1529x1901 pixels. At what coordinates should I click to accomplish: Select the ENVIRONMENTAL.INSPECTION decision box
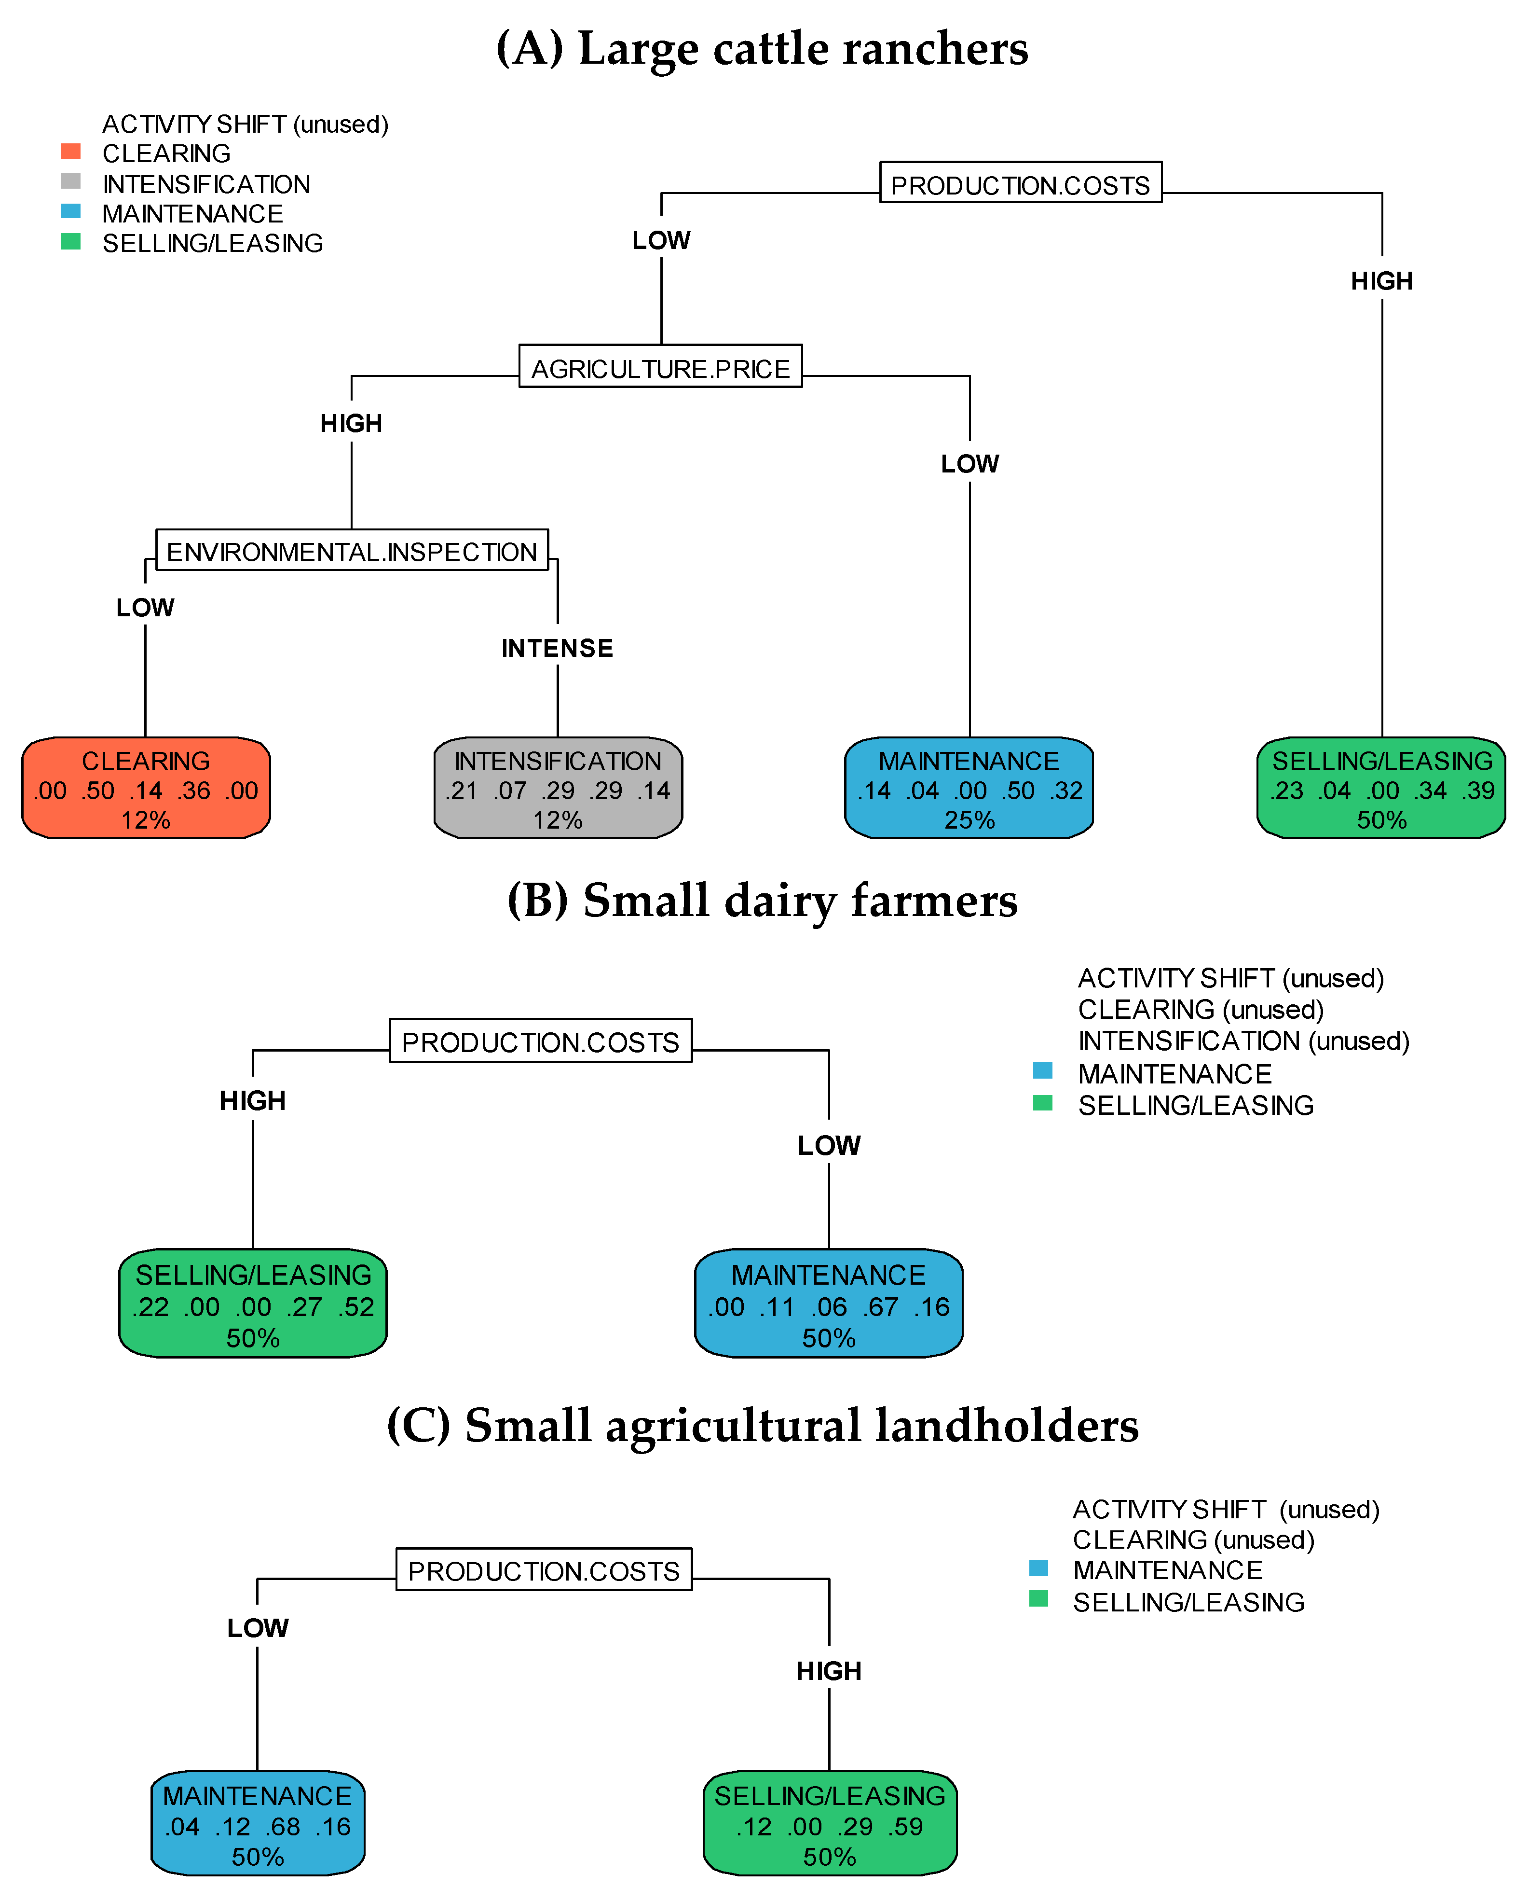352,550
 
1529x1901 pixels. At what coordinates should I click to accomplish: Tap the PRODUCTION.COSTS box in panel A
1021,183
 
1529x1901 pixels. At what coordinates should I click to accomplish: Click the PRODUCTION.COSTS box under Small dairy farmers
540,1041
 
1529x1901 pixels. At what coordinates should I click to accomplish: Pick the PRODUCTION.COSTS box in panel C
544,1570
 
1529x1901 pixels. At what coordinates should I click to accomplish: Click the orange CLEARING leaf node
145,788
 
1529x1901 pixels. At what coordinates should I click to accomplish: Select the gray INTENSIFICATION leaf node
558,788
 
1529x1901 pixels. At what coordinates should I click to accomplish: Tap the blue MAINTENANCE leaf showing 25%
969,788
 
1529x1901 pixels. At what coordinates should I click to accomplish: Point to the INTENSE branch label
557,648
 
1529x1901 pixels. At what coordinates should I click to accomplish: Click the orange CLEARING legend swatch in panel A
70,152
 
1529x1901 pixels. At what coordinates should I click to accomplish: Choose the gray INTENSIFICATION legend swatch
70,181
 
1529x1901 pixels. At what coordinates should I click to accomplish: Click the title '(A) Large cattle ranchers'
762,48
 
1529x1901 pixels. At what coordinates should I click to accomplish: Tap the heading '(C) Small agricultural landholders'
762,1426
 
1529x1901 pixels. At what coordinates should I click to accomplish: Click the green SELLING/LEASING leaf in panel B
253,1303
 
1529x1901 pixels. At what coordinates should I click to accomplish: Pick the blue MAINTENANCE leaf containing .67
828,1303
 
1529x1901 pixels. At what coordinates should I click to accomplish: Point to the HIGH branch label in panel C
828,1671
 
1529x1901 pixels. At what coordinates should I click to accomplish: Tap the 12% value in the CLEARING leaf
145,820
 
